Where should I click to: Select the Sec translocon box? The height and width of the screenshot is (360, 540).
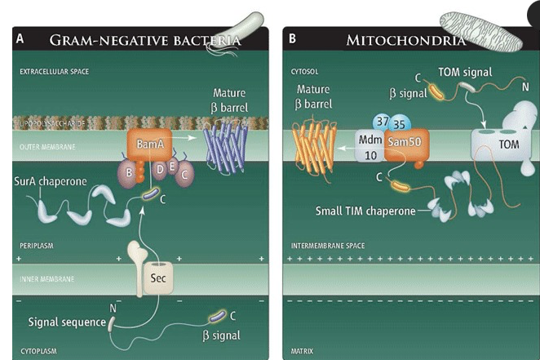[157, 278]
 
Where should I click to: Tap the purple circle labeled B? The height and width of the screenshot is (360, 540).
[127, 172]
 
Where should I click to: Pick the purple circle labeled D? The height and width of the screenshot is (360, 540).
[162, 169]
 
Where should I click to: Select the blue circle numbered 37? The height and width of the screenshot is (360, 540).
[382, 122]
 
